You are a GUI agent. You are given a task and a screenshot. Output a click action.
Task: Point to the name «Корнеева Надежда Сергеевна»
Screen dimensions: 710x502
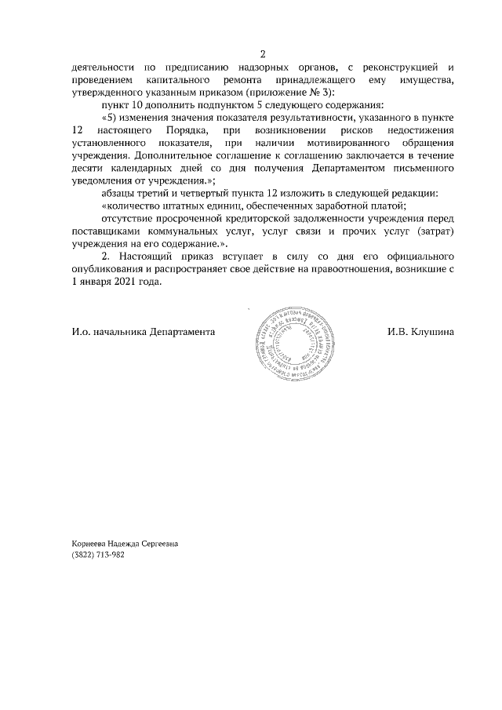coord(124,542)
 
